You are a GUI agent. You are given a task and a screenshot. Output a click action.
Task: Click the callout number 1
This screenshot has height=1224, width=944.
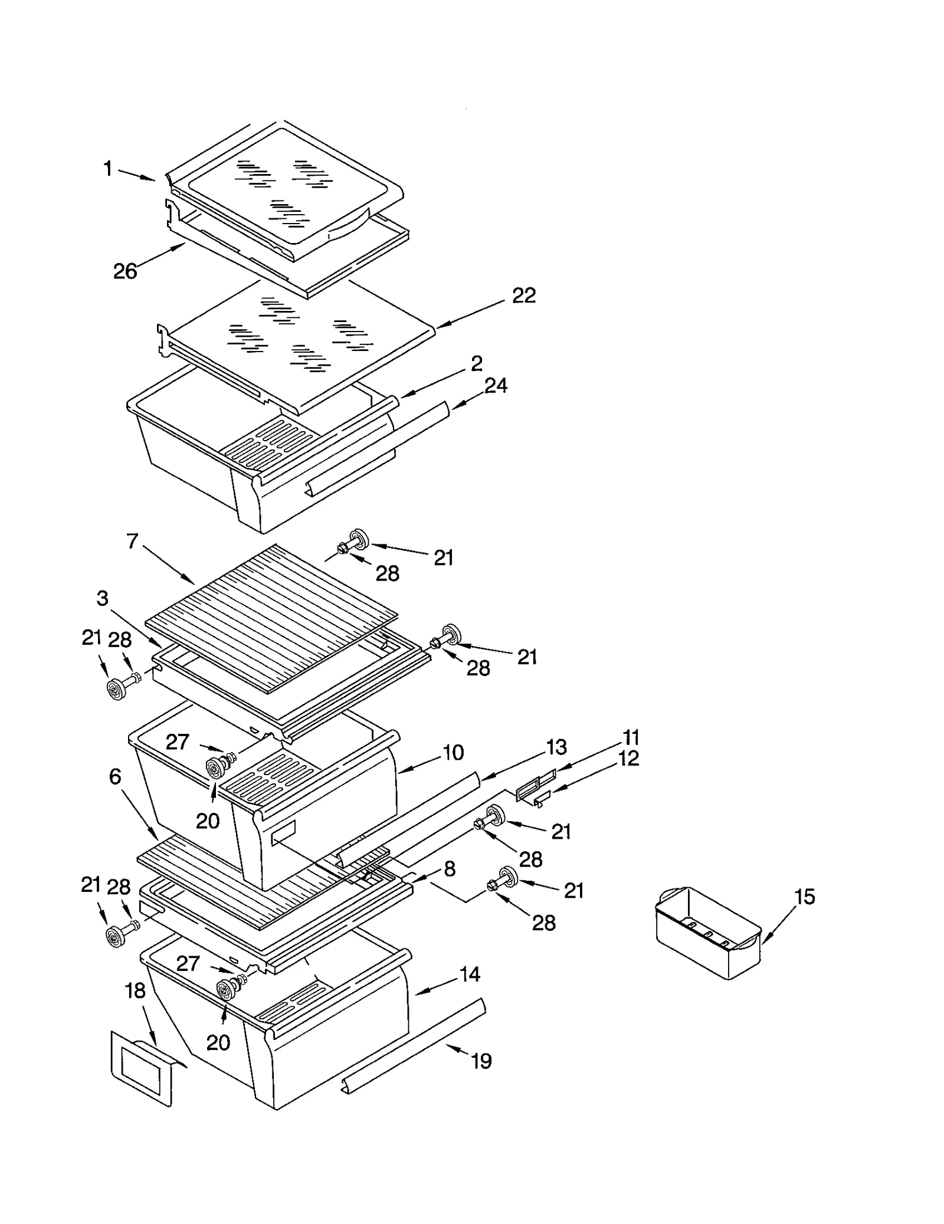[x=107, y=169]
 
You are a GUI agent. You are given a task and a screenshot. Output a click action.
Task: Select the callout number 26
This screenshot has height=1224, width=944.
[x=125, y=271]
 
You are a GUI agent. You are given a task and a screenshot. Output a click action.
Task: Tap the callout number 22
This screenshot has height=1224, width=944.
[x=523, y=296]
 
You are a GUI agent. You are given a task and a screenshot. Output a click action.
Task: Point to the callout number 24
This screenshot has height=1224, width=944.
[x=496, y=386]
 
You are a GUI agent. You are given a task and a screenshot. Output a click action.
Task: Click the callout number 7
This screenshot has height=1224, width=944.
[x=132, y=541]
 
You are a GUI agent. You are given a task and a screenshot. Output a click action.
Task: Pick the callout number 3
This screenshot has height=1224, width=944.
[x=103, y=598]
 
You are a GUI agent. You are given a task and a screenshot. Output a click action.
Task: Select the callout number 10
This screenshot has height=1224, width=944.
[x=453, y=753]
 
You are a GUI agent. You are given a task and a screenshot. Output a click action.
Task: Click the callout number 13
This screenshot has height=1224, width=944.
[x=556, y=747]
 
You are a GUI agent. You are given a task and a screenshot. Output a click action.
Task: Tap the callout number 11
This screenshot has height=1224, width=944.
[x=631, y=737]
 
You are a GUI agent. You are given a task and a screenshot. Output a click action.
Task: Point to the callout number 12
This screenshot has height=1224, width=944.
[x=629, y=759]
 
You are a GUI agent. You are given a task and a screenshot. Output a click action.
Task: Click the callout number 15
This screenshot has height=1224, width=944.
[x=804, y=897]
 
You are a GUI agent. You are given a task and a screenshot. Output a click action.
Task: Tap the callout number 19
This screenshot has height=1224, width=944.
[x=481, y=1061]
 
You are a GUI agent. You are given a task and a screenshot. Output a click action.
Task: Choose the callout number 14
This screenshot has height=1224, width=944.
[x=470, y=974]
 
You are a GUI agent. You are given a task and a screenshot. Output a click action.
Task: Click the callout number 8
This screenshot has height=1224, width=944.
[x=450, y=868]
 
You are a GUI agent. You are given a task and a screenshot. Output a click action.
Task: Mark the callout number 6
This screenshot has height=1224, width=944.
[x=115, y=777]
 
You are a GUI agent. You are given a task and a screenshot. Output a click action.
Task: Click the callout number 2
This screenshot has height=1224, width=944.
[x=477, y=363]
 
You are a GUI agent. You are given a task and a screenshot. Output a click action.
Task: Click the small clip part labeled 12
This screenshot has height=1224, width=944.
[x=542, y=799]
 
